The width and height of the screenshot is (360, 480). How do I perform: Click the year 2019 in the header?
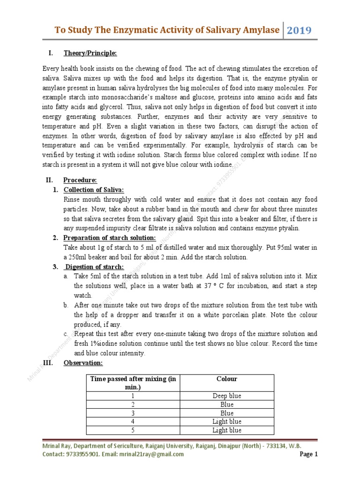point(299,30)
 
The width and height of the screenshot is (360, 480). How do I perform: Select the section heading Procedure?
point(80,180)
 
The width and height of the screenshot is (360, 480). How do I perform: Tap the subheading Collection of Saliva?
point(94,189)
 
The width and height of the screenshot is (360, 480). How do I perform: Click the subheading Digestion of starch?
point(94,267)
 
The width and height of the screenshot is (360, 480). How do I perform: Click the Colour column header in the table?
point(227,379)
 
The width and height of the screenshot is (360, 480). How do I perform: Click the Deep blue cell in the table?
point(227,396)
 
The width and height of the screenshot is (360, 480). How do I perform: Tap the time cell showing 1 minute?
point(133,396)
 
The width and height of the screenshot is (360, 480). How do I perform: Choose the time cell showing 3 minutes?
point(133,413)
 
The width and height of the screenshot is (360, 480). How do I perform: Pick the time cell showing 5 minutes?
point(133,430)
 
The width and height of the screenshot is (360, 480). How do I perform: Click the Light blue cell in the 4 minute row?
point(227,421)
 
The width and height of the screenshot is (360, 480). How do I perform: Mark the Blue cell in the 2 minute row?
point(227,405)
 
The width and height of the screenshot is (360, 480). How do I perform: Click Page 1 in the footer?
point(309,454)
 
